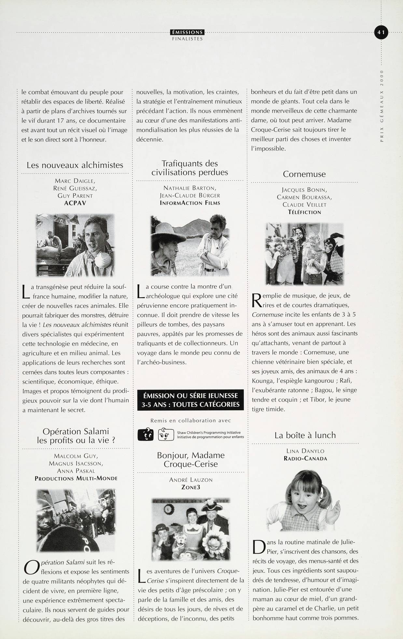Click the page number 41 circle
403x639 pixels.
pyautogui.click(x=381, y=32)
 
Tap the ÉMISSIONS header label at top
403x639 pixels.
pyautogui.click(x=187, y=32)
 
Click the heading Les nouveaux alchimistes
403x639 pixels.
pyautogui.click(x=75, y=165)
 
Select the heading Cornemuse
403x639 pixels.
pyautogui.click(x=304, y=174)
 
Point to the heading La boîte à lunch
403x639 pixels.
pyautogui.click(x=305, y=435)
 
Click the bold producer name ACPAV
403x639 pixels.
pyautogui.click(x=75, y=203)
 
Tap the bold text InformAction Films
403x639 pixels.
pyautogui.click(x=190, y=203)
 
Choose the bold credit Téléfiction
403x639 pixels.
pyautogui.click(x=304, y=212)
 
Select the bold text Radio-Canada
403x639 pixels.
pyautogui.click(x=305, y=459)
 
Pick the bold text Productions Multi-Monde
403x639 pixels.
pyautogui.click(x=76, y=478)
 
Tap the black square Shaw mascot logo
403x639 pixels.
pyautogui.click(x=146, y=434)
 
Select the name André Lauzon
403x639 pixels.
pyautogui.click(x=190, y=480)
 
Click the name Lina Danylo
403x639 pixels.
pyautogui.click(x=305, y=451)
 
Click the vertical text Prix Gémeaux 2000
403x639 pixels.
pyautogui.click(x=382, y=106)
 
